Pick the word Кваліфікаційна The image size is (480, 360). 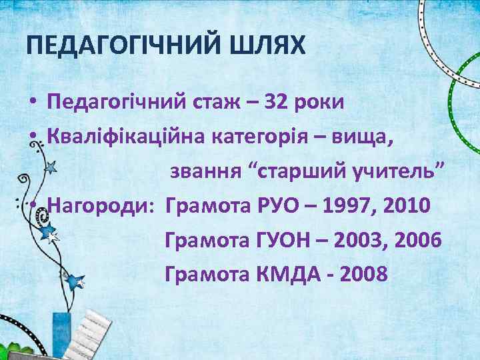[x=126, y=137]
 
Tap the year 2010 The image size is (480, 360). [x=409, y=203]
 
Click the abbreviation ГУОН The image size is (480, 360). [x=285, y=238]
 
